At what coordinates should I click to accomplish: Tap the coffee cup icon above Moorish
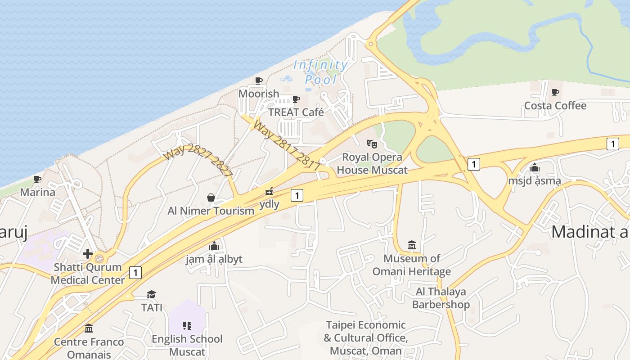tap(259, 81)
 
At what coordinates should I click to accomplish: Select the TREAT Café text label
tap(296, 112)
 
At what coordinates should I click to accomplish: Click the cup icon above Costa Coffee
tap(555, 93)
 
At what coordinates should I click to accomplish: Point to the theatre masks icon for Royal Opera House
tap(372, 144)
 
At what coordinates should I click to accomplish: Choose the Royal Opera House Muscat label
tap(372, 163)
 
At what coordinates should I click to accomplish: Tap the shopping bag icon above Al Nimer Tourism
tap(211, 198)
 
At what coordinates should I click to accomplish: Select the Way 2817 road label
tap(287, 145)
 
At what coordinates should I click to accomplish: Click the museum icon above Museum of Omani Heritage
tap(412, 245)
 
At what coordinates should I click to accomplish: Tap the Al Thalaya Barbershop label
tap(441, 298)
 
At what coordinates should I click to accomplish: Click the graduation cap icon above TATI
tap(151, 294)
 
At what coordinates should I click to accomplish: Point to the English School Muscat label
tap(187, 345)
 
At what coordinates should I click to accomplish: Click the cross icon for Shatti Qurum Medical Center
tap(88, 254)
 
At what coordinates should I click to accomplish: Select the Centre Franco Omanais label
tap(89, 348)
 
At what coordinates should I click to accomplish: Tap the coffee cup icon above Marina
tap(37, 180)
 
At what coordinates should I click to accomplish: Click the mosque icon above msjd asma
tap(535, 168)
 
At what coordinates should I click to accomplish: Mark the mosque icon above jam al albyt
tap(214, 246)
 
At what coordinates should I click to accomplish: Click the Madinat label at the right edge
tap(590, 232)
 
